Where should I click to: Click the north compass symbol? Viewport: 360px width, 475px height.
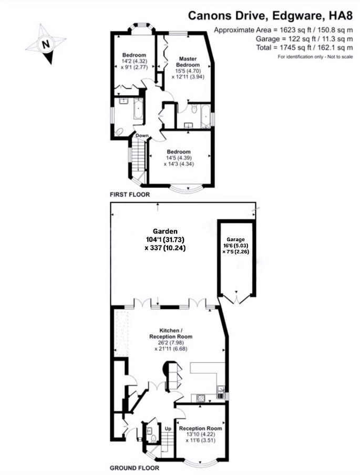click(46, 44)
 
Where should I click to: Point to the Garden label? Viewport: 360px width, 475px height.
click(165, 231)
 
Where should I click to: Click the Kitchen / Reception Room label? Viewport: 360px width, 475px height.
click(171, 332)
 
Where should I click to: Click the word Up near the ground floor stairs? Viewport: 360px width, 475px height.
click(168, 429)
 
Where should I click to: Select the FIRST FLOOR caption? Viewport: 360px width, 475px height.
click(130, 194)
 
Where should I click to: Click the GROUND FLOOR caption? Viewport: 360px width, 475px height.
click(135, 467)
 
